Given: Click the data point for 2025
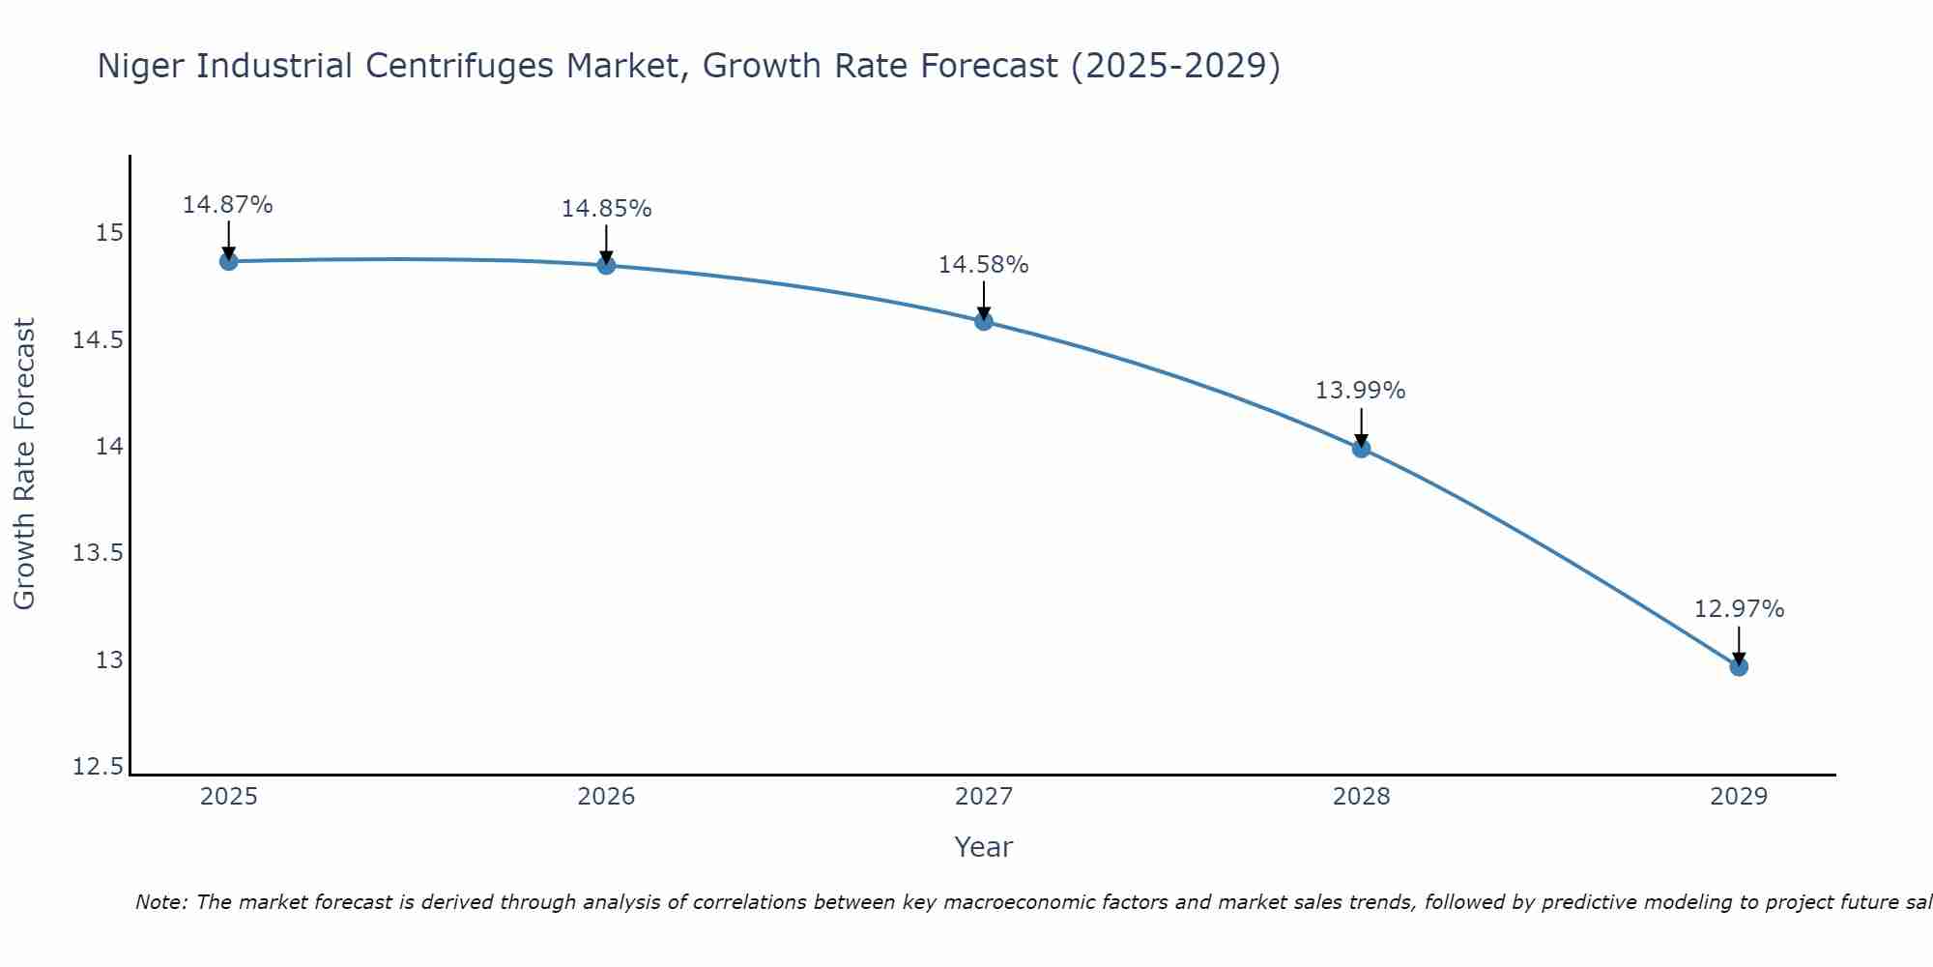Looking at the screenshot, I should tap(228, 261).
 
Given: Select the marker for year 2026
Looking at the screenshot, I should tap(606, 265).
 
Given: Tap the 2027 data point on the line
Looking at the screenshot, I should tap(984, 321).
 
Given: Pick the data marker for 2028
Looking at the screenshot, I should tap(1361, 448).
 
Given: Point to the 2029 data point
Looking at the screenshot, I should tap(1739, 666).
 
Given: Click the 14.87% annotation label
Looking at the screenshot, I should tap(228, 205).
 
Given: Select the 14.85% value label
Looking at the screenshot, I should tap(606, 209).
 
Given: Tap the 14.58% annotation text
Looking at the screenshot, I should tap(984, 265).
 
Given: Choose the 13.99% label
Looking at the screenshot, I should tap(1361, 391).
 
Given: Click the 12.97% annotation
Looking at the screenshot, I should tap(1739, 609).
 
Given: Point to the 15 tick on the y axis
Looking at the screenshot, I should tap(109, 233).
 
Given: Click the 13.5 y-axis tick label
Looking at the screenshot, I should tap(99, 554).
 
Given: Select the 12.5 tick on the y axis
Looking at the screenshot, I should tap(99, 768).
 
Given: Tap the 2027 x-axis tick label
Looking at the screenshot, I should tap(984, 797).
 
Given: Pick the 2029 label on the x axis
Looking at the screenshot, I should tap(1739, 797).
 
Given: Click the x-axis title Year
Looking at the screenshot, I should tap(984, 847).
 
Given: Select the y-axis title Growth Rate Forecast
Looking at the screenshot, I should tap(25, 464).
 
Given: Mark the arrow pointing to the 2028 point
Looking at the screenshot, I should tap(1361, 425).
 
